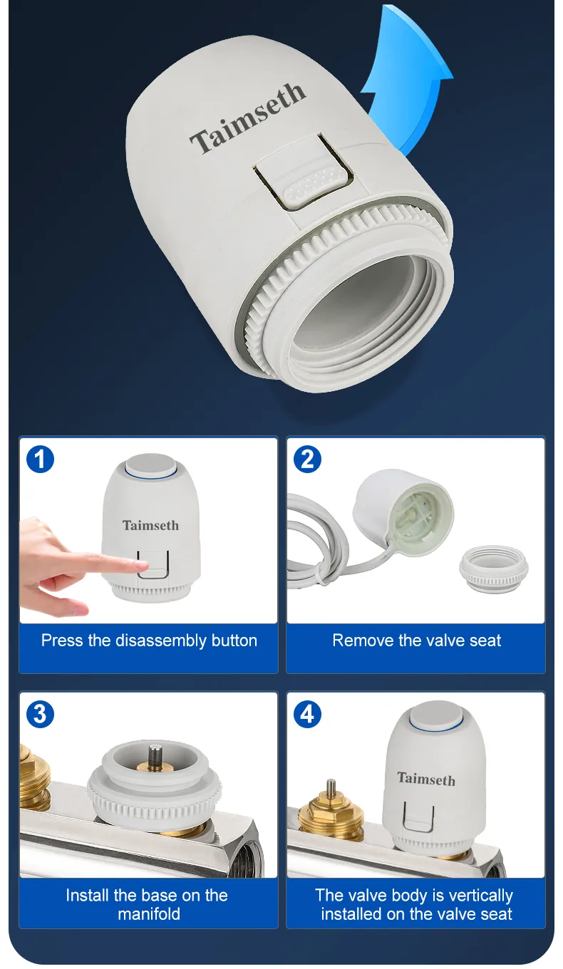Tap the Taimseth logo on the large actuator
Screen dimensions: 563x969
pos(247,117)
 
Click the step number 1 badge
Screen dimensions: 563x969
pos(40,459)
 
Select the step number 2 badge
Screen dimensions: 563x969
pos(307,459)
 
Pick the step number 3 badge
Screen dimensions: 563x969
pos(40,714)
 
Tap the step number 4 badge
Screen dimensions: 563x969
pos(307,714)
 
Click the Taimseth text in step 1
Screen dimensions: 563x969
pos(150,525)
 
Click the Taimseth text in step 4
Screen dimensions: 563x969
pos(426,779)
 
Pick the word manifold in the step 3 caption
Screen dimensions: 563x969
pos(149,914)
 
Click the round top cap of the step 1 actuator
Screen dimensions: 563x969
pos(152,465)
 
